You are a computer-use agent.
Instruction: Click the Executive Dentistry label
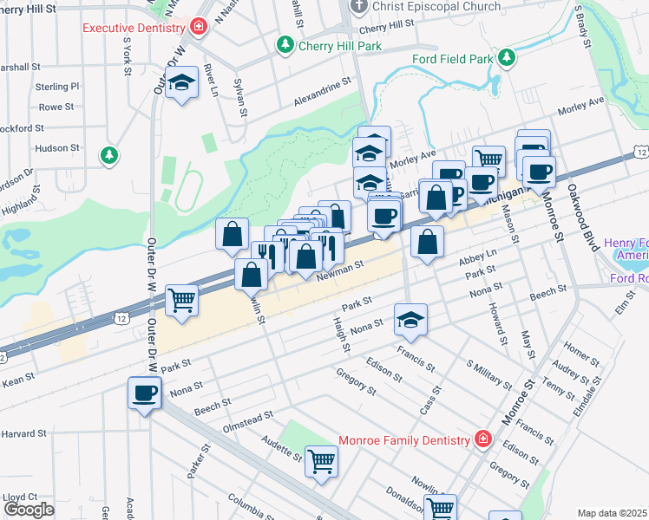(x=135, y=27)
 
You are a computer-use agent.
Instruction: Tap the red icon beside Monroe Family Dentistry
(x=484, y=439)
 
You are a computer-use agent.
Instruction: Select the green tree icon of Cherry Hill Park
(x=284, y=44)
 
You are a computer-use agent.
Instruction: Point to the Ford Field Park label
(x=451, y=59)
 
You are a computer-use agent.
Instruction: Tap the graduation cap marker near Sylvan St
(x=181, y=83)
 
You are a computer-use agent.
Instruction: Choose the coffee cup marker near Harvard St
(x=145, y=393)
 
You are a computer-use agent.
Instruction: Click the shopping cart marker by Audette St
(x=321, y=459)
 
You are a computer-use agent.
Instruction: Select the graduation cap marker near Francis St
(x=411, y=320)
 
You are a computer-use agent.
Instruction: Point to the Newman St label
(x=338, y=270)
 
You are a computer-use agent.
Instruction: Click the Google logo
(x=29, y=509)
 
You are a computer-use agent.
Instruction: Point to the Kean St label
(x=17, y=377)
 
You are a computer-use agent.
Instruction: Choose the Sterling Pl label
(x=57, y=87)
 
